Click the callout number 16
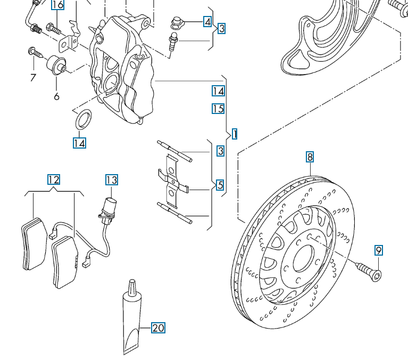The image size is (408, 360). coord(57,5)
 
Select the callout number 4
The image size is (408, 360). coord(207,22)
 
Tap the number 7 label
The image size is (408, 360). coord(33,78)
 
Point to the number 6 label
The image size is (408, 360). coord(56,96)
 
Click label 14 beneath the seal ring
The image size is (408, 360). coord(79,143)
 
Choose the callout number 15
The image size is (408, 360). coord(218,109)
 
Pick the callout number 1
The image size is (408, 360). coord(234,133)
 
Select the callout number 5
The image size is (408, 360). coord(220,186)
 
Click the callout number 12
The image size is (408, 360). coord(53,179)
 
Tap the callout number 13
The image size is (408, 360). coord(111,179)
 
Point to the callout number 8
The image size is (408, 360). coord(310,157)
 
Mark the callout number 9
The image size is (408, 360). coord(378,250)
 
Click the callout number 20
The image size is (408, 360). coord(158,328)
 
